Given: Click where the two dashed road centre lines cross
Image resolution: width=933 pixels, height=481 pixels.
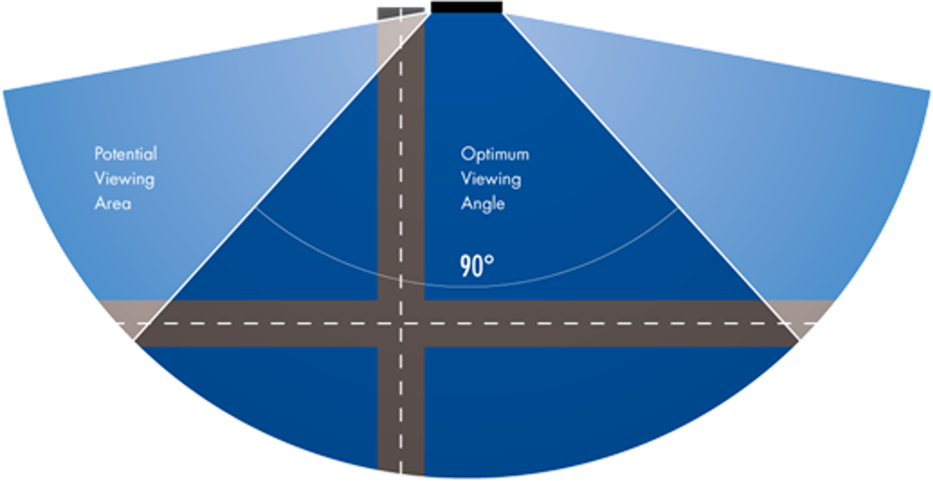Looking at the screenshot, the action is pos(401,323).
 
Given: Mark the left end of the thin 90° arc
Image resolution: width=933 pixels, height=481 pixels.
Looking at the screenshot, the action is pos(256,208).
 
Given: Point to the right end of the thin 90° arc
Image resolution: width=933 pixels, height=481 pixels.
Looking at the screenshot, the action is pos(679,209).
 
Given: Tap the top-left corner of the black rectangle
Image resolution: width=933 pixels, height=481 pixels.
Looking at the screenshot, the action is pos(431,2).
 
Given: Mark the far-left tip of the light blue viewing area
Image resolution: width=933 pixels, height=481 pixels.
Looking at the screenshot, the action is pos(3,91).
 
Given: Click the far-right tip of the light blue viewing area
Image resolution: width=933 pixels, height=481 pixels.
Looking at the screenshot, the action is pos(930,91).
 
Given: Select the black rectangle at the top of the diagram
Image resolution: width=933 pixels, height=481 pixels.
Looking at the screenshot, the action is pos(467,7).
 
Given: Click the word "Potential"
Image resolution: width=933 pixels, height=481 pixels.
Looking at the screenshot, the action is pos(126,154).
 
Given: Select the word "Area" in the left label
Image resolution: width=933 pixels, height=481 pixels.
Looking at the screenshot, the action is pos(113,203).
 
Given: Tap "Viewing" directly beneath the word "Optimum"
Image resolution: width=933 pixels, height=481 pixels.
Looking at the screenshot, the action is pos(491,179).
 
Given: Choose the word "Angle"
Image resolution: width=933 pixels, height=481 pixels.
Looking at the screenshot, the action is pos(483,204).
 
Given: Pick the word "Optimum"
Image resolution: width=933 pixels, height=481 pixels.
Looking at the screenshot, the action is pos(495,154).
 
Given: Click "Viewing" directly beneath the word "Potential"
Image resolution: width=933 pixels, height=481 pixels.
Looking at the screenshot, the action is pos(125,179).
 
